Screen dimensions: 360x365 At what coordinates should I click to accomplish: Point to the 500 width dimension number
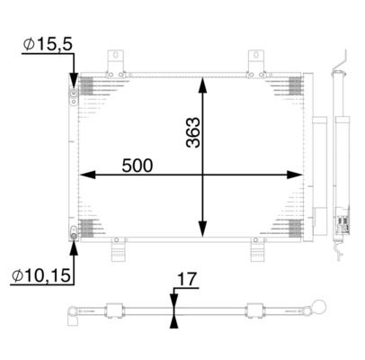click(x=138, y=166)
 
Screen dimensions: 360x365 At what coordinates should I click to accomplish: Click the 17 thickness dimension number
click(x=185, y=280)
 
